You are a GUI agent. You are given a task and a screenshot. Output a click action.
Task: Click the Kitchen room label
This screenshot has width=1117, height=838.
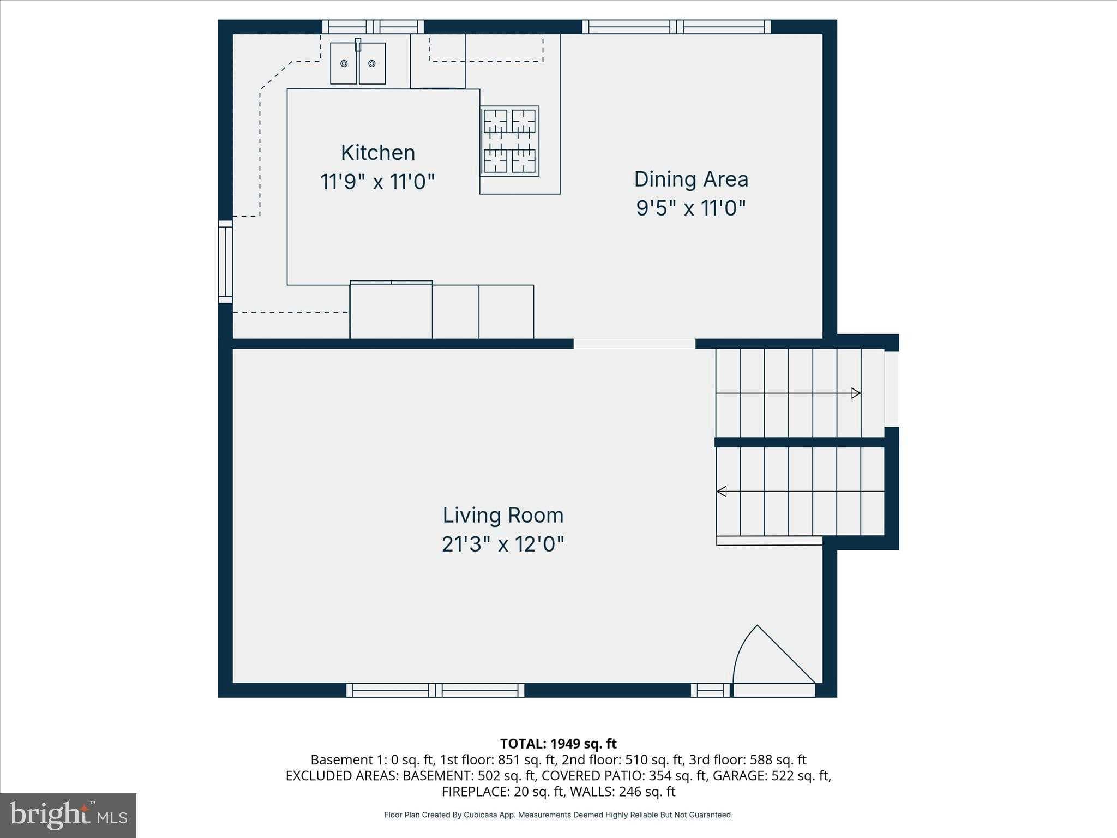(x=377, y=153)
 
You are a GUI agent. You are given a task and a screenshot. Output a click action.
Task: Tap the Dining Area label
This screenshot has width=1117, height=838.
(x=690, y=179)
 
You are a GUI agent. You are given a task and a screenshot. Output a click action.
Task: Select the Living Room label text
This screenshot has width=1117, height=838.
(x=502, y=516)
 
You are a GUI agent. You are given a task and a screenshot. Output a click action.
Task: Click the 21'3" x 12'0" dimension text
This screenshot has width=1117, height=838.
(x=502, y=544)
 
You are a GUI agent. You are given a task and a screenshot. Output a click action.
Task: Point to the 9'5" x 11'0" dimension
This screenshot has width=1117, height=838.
(x=690, y=208)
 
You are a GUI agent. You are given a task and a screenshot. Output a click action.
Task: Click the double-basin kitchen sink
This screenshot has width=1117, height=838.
(x=358, y=63)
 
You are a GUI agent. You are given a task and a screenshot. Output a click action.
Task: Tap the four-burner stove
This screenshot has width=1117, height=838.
(x=509, y=141)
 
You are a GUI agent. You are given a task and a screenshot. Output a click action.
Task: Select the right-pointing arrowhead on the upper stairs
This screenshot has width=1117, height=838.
(x=856, y=393)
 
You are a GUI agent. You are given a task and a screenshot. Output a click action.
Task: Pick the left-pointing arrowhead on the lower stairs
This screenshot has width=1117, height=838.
(x=722, y=492)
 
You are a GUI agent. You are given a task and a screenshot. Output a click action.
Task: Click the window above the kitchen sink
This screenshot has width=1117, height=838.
(x=373, y=27)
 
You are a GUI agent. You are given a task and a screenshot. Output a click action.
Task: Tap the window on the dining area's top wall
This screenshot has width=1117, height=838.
(x=676, y=27)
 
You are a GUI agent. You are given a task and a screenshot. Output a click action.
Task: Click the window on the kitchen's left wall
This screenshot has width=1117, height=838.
(x=225, y=261)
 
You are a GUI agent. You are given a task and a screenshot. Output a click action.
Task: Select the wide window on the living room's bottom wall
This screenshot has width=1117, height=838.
(x=435, y=690)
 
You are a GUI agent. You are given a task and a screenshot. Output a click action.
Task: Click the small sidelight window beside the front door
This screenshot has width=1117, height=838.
(x=710, y=691)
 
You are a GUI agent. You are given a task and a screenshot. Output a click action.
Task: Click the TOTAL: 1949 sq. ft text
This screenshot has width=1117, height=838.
(x=558, y=744)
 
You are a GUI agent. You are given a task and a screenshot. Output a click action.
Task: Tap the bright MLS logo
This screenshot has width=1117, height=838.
(x=68, y=815)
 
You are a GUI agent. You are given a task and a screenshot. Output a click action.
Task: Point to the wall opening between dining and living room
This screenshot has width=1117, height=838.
(x=634, y=344)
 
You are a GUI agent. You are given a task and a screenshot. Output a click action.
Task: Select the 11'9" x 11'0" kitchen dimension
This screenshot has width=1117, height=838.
(x=377, y=182)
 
